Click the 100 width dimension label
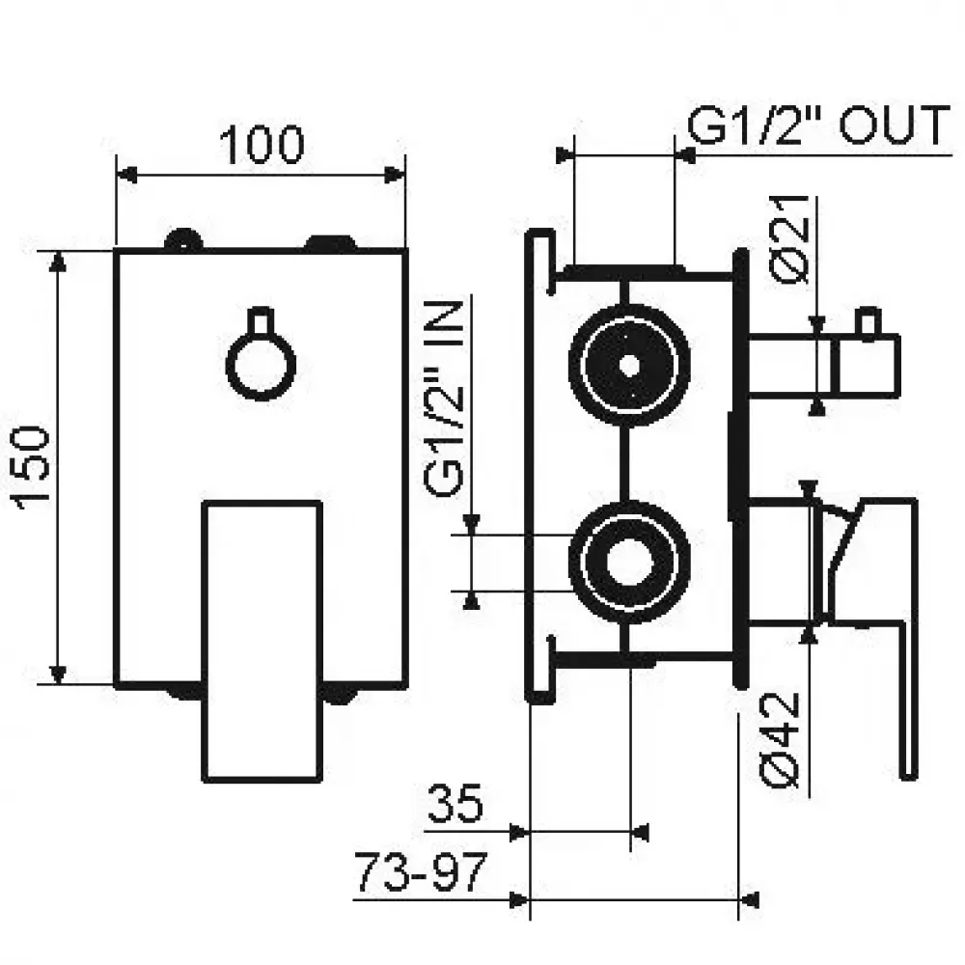tap(261, 145)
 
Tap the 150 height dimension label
tap(31, 466)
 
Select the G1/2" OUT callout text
tap(816, 126)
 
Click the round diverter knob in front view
tap(258, 363)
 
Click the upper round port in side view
tap(629, 366)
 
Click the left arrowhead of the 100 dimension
tap(125, 175)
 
